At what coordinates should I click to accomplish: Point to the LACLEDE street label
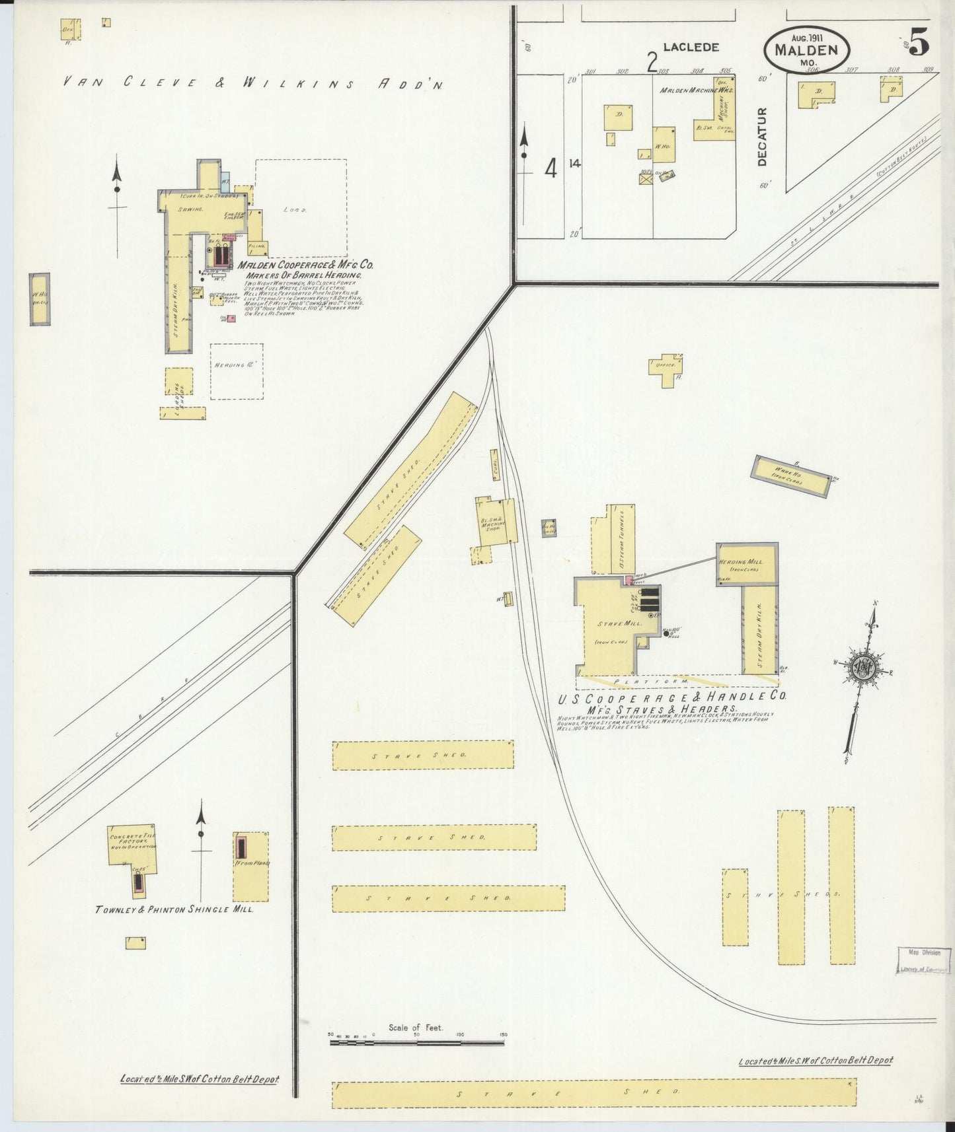click(x=691, y=48)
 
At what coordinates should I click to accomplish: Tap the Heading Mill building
click(x=747, y=565)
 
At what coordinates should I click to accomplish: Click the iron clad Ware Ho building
click(x=790, y=476)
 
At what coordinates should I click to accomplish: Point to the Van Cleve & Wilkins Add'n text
click(x=252, y=83)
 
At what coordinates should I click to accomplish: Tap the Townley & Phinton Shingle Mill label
click(x=174, y=909)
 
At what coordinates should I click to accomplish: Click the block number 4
click(x=550, y=169)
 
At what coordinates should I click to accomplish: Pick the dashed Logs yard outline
click(x=300, y=208)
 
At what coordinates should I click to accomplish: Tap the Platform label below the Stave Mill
click(x=651, y=681)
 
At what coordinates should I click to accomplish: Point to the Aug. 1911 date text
click(x=806, y=38)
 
